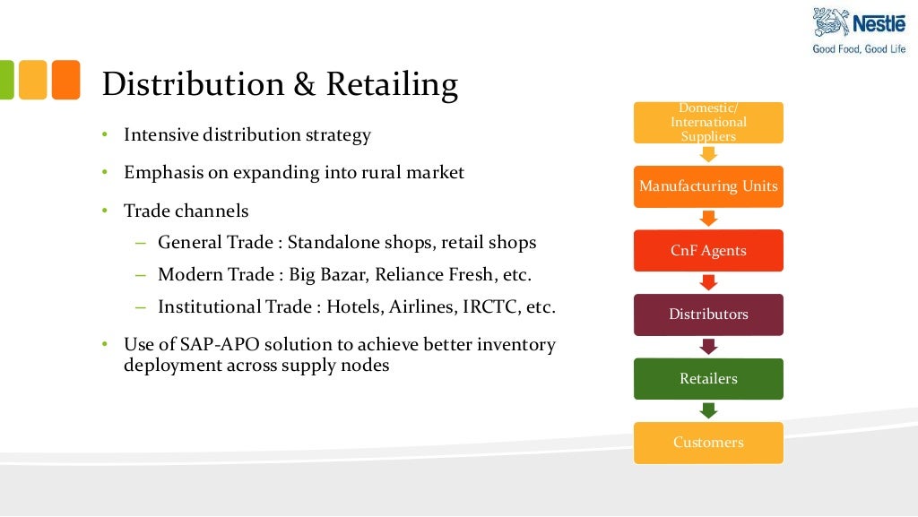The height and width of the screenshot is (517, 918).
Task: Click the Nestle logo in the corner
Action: (x=859, y=23)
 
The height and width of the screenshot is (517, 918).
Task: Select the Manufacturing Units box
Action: (x=708, y=186)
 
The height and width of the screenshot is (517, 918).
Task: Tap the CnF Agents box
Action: (x=708, y=251)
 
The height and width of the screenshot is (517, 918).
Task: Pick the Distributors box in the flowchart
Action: (x=708, y=315)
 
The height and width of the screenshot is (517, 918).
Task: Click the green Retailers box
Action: (x=708, y=379)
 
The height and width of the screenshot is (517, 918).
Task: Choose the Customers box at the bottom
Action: (x=708, y=443)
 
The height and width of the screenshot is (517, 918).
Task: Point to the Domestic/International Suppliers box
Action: (x=708, y=123)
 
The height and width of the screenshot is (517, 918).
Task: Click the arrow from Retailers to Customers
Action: (x=708, y=410)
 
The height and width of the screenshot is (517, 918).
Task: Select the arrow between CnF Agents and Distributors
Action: (x=708, y=282)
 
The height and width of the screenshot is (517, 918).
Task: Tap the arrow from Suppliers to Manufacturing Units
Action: (x=708, y=154)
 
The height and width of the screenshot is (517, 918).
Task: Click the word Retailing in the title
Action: (x=392, y=84)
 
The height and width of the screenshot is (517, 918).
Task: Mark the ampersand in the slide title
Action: (x=302, y=84)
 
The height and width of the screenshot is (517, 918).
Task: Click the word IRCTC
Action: (x=489, y=306)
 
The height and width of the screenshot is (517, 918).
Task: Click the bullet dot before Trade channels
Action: (x=104, y=211)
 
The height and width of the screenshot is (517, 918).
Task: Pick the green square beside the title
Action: (x=4, y=80)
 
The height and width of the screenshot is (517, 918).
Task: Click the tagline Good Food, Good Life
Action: (x=859, y=49)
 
